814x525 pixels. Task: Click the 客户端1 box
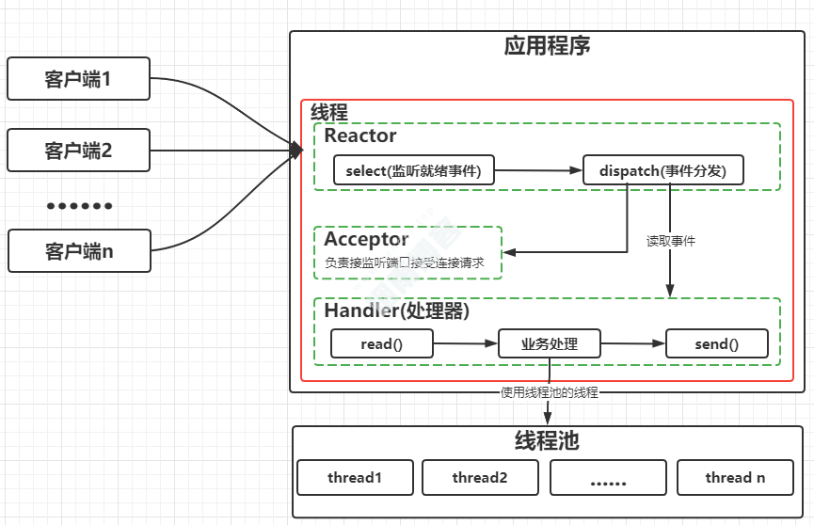[x=78, y=79]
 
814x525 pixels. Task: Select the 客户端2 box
[x=78, y=150]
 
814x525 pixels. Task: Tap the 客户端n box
[x=78, y=251]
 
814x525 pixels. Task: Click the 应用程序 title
[x=547, y=46]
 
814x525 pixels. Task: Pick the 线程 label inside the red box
[x=329, y=112]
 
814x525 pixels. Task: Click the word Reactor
[x=360, y=135]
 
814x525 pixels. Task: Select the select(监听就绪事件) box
[x=414, y=170]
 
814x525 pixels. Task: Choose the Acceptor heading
[x=366, y=239]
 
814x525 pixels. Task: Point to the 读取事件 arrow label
[x=671, y=241]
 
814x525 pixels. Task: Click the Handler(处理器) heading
[x=397, y=310]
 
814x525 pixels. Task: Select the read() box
[x=381, y=344]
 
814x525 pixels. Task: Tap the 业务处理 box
[x=550, y=344]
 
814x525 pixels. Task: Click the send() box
[x=717, y=344]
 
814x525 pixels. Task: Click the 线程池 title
[x=547, y=441]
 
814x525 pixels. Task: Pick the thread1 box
[x=355, y=478]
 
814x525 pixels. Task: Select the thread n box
[x=735, y=478]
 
